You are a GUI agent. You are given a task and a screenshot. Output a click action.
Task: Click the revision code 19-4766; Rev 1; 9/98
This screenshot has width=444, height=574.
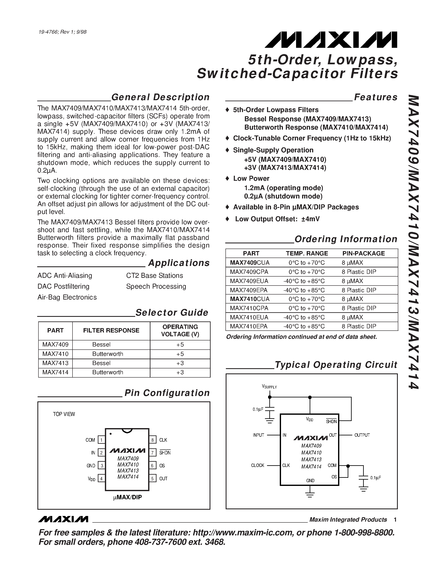62,32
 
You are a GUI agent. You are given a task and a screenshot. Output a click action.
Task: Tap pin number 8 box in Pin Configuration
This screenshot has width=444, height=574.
152,440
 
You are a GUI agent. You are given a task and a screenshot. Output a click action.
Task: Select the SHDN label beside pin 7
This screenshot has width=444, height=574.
165,453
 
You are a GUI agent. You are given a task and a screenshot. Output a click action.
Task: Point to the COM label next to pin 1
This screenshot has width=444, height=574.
90,440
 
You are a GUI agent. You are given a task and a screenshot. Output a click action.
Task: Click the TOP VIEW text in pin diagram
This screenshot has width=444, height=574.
64,414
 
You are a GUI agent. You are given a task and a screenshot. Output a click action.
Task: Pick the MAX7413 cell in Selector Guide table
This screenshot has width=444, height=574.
55,363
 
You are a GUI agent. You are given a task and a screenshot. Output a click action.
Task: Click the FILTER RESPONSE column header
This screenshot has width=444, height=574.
111,330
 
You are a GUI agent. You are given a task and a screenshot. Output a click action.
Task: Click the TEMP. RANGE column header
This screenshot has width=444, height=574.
307,253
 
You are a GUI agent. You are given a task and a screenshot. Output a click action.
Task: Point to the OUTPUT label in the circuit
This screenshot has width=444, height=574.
362,435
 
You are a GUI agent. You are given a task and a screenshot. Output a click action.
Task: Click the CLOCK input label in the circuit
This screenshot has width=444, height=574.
257,465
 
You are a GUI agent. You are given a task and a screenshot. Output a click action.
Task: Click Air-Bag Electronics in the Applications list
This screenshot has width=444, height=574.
67,297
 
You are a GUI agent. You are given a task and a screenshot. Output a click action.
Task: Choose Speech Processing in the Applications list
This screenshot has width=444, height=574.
156,286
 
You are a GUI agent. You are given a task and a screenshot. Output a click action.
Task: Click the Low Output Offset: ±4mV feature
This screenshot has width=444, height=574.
277,219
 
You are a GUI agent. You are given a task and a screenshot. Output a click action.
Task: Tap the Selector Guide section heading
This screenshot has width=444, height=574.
172,312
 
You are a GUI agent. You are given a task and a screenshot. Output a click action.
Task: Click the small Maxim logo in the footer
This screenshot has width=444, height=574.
63,519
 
